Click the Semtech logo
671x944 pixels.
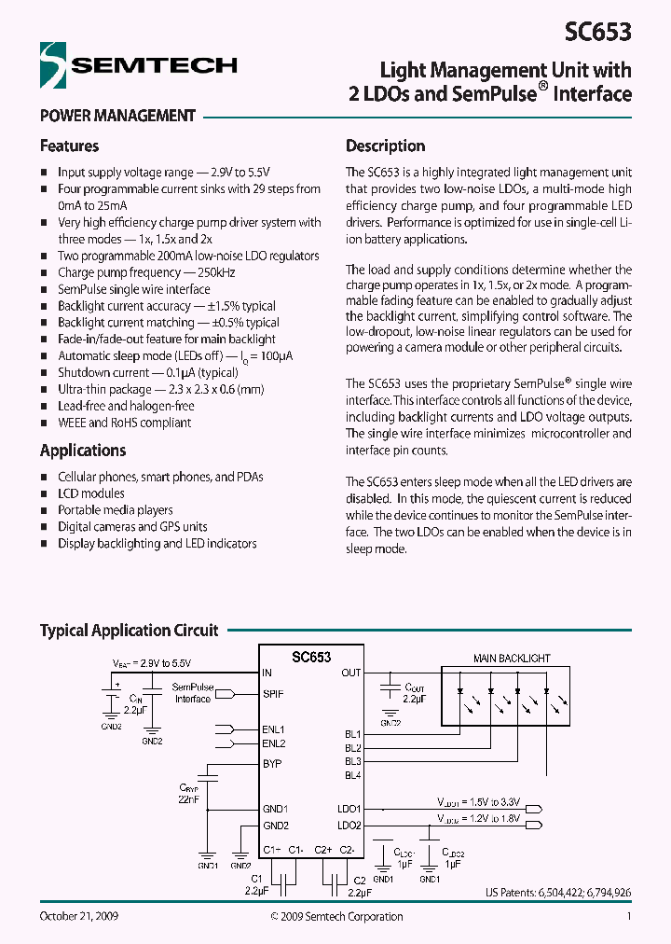[x=138, y=65]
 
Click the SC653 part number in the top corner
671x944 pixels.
[x=597, y=32]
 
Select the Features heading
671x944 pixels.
[x=69, y=146]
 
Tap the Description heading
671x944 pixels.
[x=385, y=146]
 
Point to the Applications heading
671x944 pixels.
[x=83, y=451]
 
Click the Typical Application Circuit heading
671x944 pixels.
[x=129, y=631]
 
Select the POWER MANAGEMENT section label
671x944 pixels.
[x=117, y=117]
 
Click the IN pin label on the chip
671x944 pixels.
[x=267, y=673]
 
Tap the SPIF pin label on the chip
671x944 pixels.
[x=273, y=694]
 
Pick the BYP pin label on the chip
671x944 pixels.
[x=272, y=764]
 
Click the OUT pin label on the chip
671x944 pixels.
[x=350, y=673]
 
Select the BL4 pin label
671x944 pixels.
[x=352, y=775]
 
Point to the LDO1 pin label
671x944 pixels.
[x=349, y=809]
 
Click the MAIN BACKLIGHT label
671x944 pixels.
[x=512, y=659]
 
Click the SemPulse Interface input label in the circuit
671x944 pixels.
[x=193, y=693]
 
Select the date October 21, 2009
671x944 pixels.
[x=78, y=916]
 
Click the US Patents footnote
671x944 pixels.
[x=557, y=893]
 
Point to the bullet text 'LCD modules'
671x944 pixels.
[x=90, y=493]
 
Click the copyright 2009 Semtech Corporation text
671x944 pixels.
[x=336, y=916]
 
